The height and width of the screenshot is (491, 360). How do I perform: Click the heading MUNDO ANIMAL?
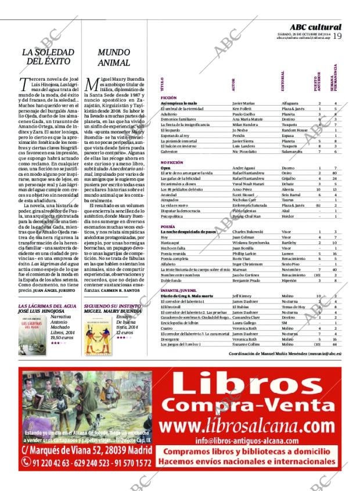pos(113,56)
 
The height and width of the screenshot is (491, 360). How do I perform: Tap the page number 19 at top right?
pos(337,36)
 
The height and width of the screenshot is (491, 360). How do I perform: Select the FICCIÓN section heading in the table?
pos(168,98)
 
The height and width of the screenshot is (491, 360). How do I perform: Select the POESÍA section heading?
pos(168,226)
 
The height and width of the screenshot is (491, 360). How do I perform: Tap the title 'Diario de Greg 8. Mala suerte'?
pos(187,296)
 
